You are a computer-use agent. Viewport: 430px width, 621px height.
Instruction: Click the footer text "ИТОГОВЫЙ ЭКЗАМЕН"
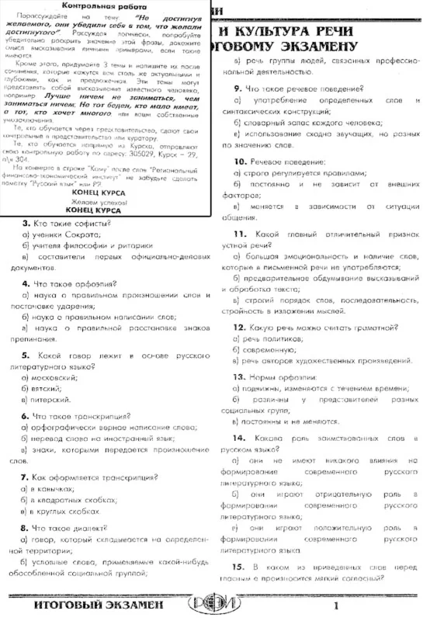point(98,605)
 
